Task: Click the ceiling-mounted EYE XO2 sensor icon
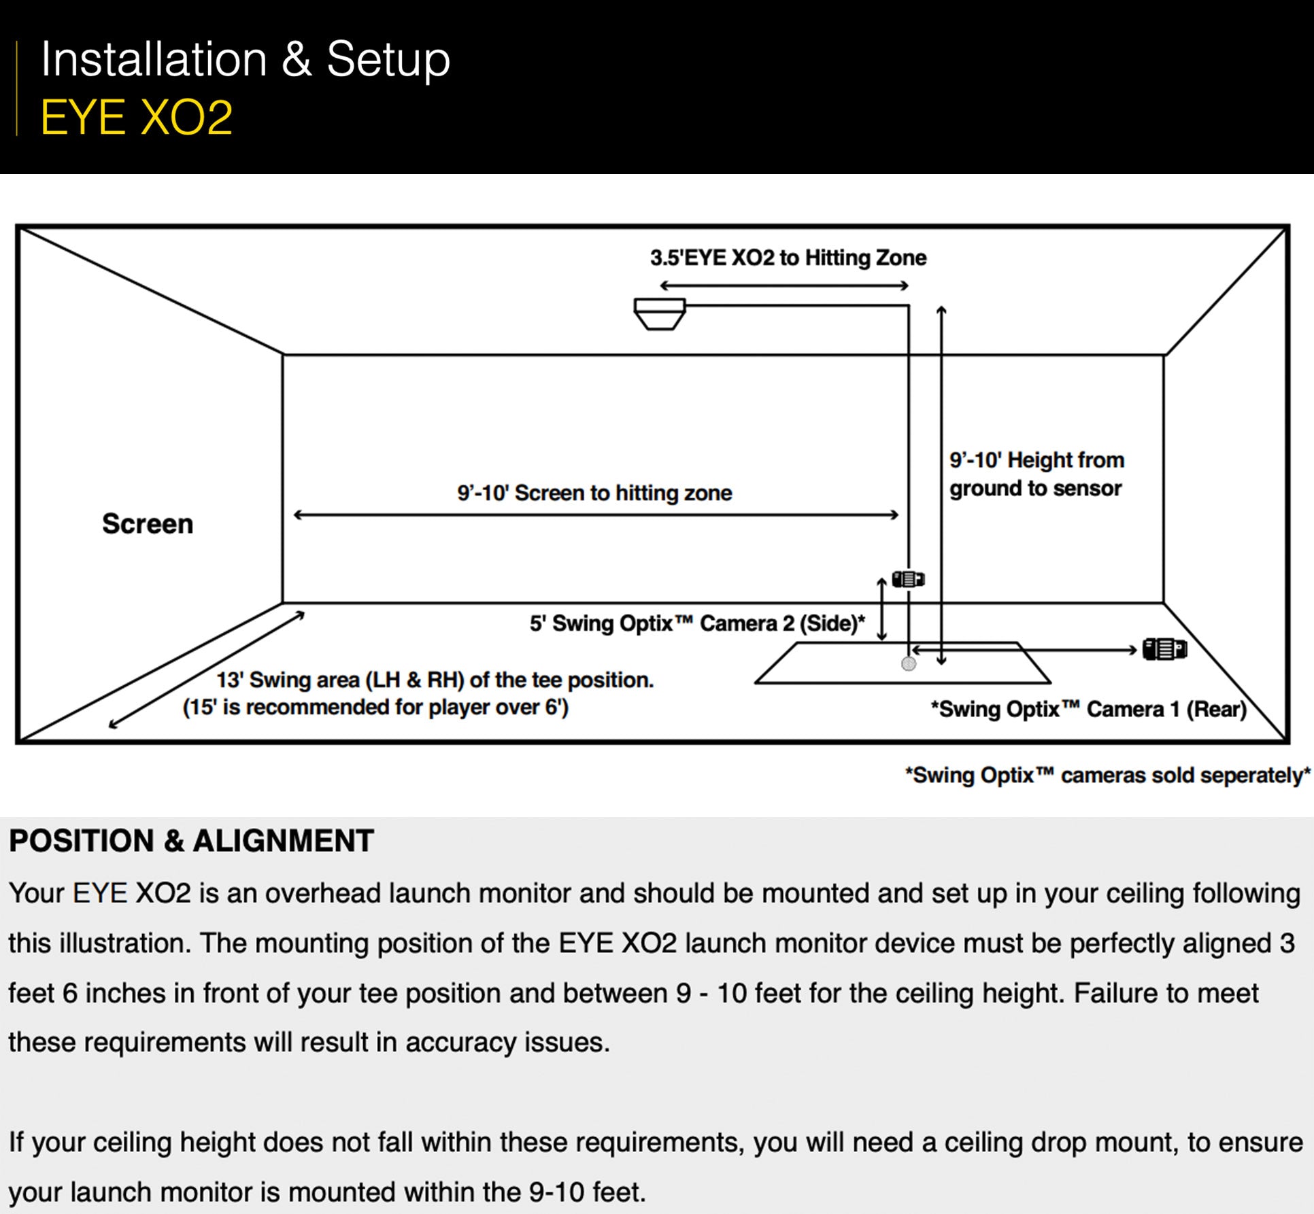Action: [659, 313]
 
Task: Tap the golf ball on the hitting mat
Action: [909, 664]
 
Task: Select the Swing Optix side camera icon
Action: [908, 579]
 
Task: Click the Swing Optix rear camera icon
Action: [1164, 649]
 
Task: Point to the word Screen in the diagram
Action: [148, 524]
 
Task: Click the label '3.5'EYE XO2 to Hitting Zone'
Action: [788, 258]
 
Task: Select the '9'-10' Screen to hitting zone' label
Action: [594, 493]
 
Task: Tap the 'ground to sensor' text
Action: [1035, 489]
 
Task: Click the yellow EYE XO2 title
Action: [137, 118]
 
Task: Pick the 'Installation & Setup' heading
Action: [245, 60]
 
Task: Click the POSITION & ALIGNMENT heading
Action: [191, 841]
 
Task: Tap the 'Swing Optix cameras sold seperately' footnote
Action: [1107, 776]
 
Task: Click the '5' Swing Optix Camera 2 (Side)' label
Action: [697, 623]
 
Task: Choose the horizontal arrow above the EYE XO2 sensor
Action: [784, 286]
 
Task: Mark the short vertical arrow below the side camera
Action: [881, 609]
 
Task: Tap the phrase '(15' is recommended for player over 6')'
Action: [375, 708]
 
